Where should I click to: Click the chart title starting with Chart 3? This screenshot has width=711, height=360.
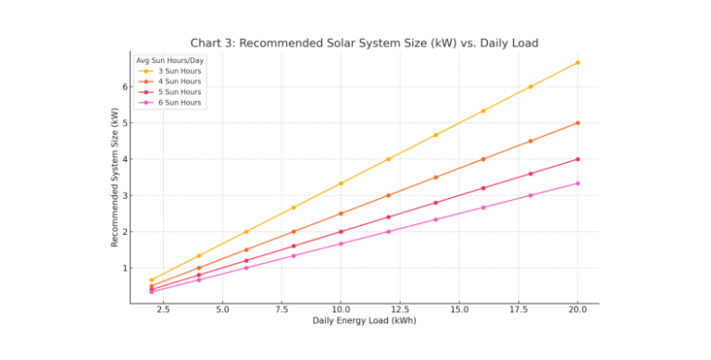click(364, 43)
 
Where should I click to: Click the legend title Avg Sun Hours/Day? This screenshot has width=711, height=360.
click(170, 61)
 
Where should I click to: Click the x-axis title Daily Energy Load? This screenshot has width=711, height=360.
click(364, 320)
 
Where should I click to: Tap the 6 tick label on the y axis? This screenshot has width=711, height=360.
click(122, 86)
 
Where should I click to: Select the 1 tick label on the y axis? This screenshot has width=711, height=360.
click(122, 268)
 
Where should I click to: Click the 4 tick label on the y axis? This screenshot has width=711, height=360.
click(122, 159)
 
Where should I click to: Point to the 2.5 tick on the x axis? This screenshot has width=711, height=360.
click(163, 309)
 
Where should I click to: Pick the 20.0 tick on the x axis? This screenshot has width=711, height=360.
click(577, 309)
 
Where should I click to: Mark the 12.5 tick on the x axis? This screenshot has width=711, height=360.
click(400, 309)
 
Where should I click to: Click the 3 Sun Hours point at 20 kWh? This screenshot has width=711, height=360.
click(578, 62)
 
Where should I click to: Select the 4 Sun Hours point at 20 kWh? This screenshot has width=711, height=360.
click(578, 122)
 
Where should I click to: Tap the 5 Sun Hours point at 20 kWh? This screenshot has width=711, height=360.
click(578, 159)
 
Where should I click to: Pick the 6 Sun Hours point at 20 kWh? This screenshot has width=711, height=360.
click(578, 183)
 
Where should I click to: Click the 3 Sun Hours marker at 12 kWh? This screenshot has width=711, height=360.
click(388, 159)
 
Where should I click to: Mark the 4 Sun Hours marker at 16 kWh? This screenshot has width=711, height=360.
click(483, 159)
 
